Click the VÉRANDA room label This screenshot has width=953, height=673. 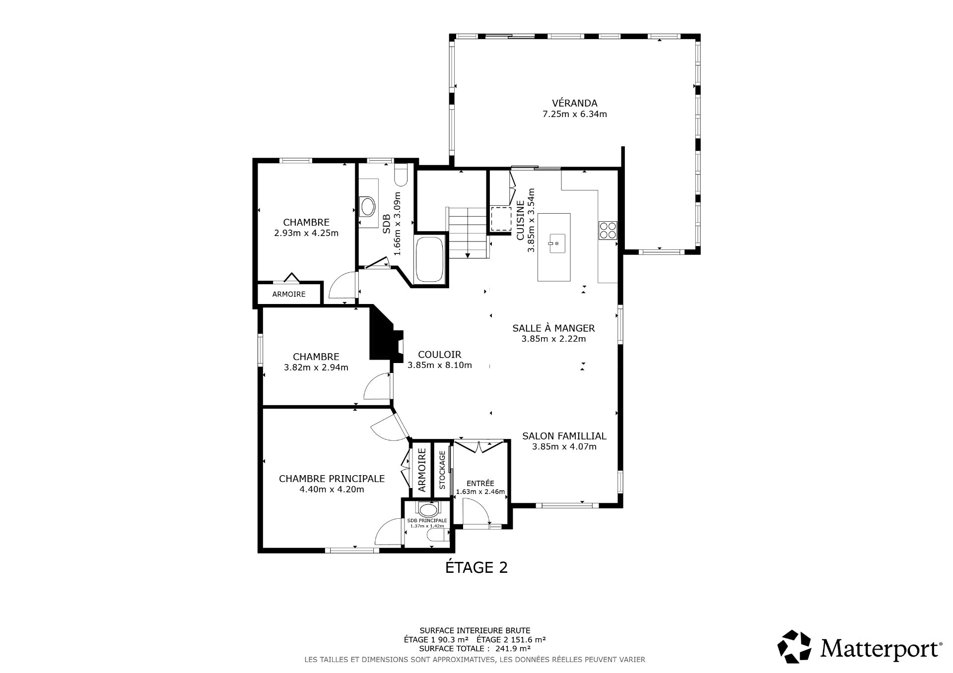[x=575, y=103]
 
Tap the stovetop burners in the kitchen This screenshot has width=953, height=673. [x=608, y=231]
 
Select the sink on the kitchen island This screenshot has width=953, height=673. [x=554, y=244]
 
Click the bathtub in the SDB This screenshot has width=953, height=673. [x=429, y=259]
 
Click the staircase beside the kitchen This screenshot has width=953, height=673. [x=468, y=233]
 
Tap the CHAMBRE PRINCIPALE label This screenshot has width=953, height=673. [x=332, y=479]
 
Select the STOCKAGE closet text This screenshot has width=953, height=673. [x=442, y=470]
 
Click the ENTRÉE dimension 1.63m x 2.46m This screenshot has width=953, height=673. [x=480, y=492]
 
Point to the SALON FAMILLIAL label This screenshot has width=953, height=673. [x=564, y=436]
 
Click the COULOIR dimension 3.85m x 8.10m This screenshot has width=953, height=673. [x=440, y=366]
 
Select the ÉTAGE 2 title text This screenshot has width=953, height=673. [x=476, y=567]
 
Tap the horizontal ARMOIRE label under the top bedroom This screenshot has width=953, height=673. [x=289, y=294]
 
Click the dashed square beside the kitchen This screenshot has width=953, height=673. [x=501, y=219]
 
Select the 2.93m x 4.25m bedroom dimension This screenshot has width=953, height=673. [x=306, y=233]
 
